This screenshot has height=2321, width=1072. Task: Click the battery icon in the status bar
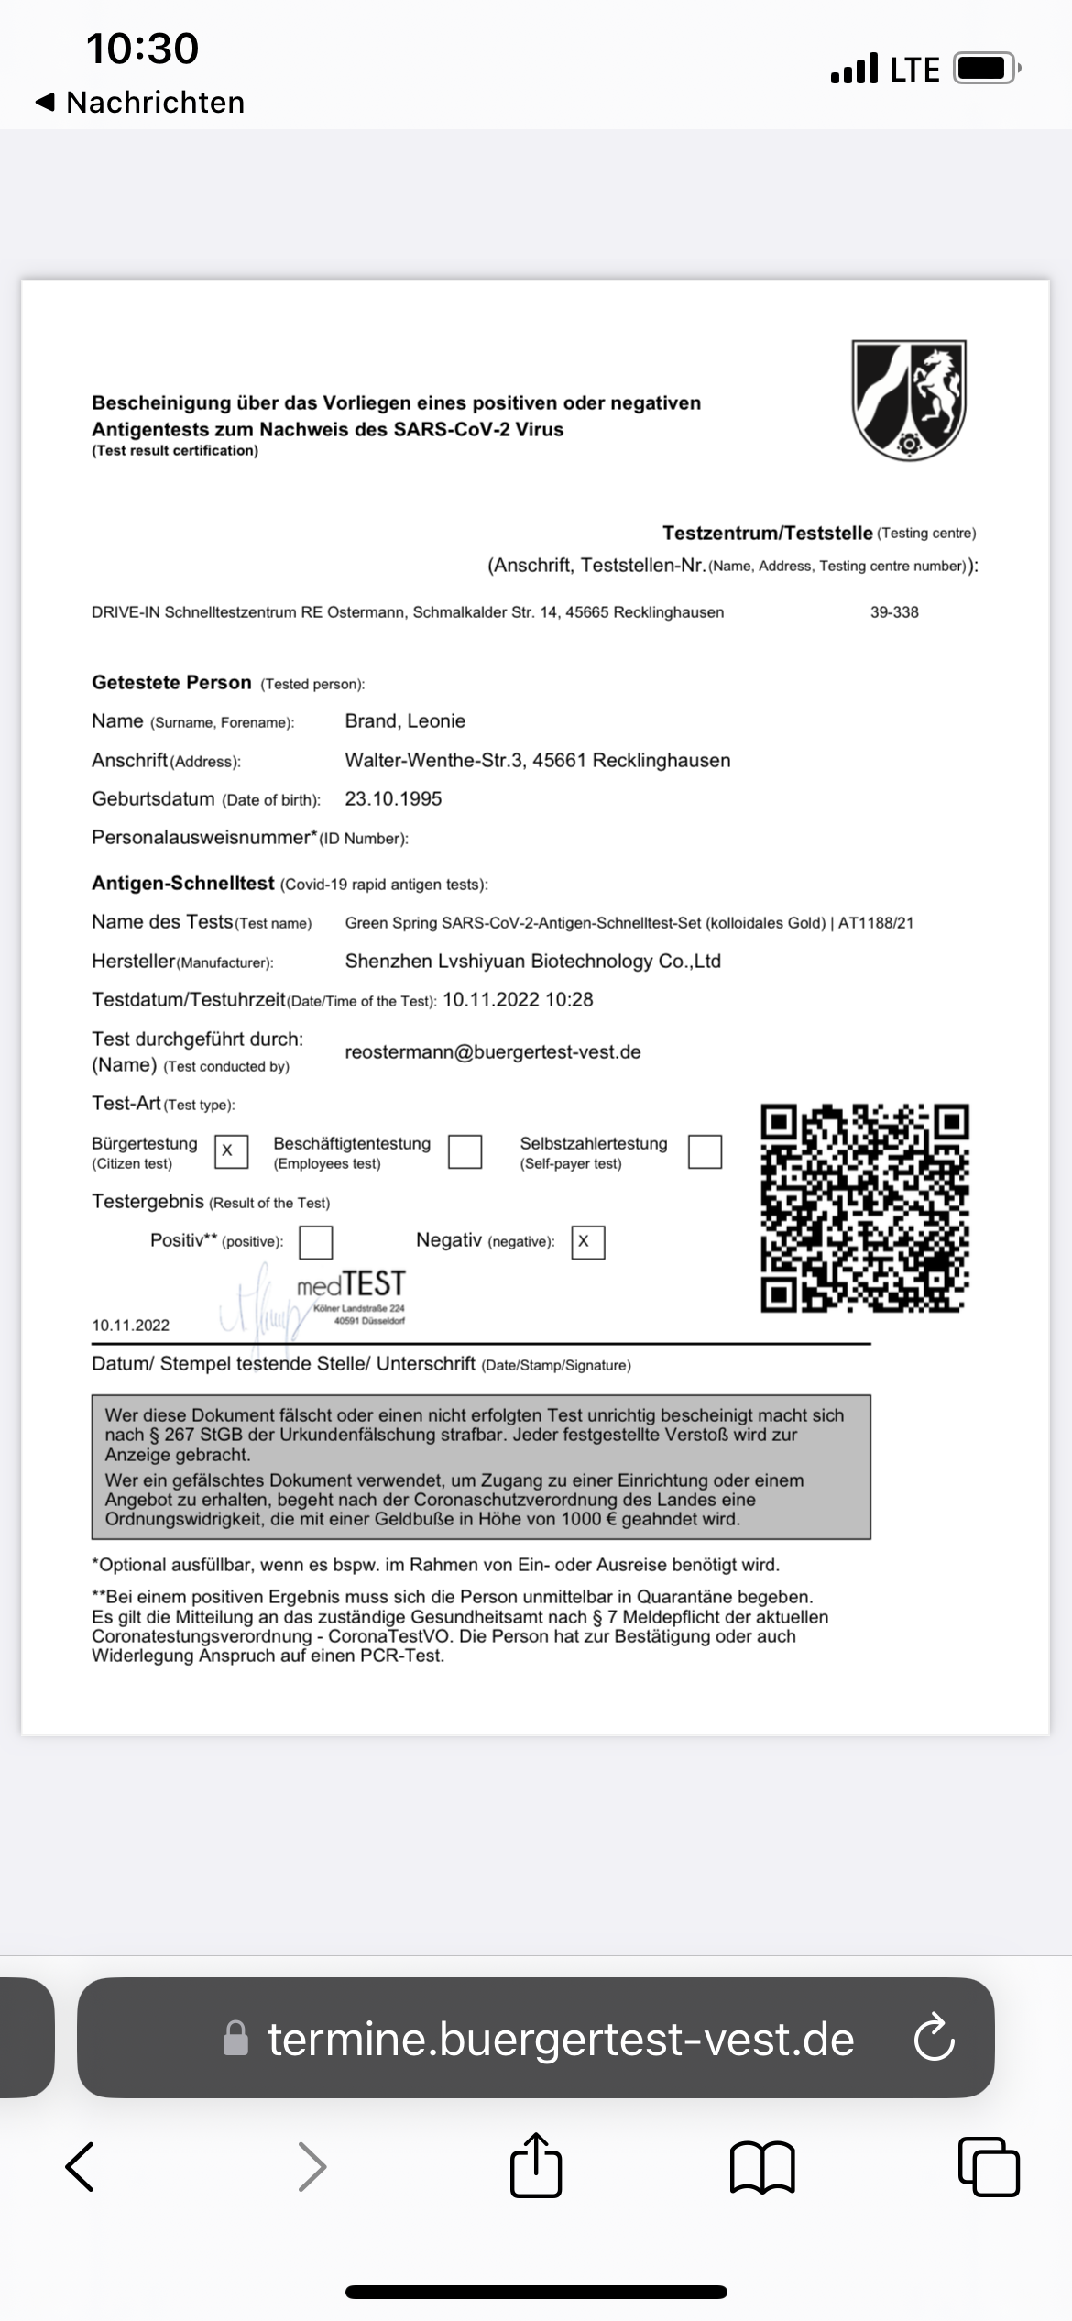[985, 69]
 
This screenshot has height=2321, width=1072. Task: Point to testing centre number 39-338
[894, 612]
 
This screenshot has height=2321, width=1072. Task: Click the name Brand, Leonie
[405, 721]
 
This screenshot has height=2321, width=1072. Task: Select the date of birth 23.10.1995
[393, 799]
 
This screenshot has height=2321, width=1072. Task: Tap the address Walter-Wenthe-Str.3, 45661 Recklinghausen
[537, 761]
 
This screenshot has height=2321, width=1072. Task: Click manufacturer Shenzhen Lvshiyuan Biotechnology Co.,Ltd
[532, 962]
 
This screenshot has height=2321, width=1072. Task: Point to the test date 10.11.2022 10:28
[518, 1000]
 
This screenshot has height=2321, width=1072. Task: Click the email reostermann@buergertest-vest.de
[492, 1052]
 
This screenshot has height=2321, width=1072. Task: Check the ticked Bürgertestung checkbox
[230, 1151]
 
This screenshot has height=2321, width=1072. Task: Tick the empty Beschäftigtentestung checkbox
[465, 1151]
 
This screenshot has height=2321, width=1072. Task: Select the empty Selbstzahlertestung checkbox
[705, 1151]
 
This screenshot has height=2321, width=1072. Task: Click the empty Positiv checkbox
[316, 1242]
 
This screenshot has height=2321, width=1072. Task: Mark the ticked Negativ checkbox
[587, 1242]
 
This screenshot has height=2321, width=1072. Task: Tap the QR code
[864, 1208]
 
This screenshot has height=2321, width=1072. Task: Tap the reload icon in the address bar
[934, 2039]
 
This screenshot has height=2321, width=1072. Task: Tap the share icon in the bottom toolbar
[535, 2167]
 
